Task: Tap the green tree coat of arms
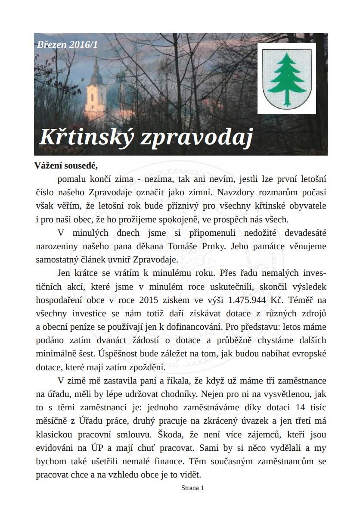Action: click(x=286, y=78)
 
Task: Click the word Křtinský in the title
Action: click(x=85, y=137)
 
